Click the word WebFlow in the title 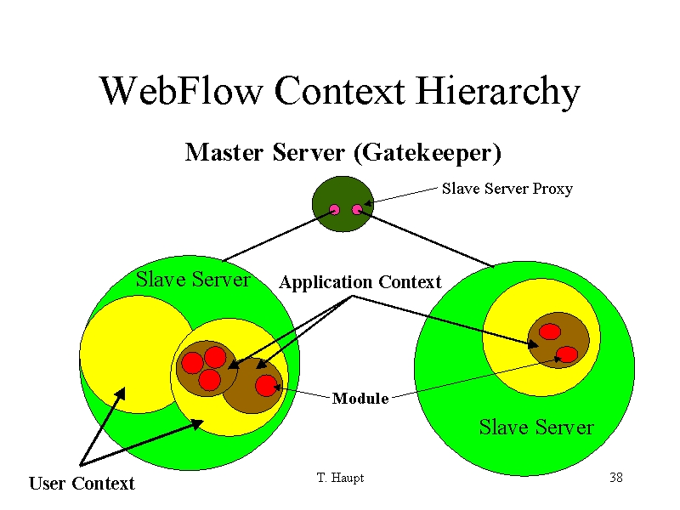click(x=181, y=91)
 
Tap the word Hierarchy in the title click(x=498, y=91)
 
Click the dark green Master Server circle click(x=343, y=204)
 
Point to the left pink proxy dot click(x=334, y=210)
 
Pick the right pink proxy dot click(x=357, y=210)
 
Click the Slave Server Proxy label click(x=507, y=189)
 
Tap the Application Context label click(x=360, y=282)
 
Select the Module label click(x=360, y=398)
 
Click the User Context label click(x=82, y=483)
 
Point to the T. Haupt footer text click(x=341, y=478)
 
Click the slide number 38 click(x=616, y=478)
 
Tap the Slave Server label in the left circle click(x=193, y=280)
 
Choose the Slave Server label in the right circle click(x=536, y=428)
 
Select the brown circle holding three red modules click(x=207, y=368)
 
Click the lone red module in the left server click(x=266, y=386)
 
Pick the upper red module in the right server click(x=550, y=331)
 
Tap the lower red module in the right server click(x=567, y=354)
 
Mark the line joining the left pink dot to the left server click(x=279, y=236)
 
